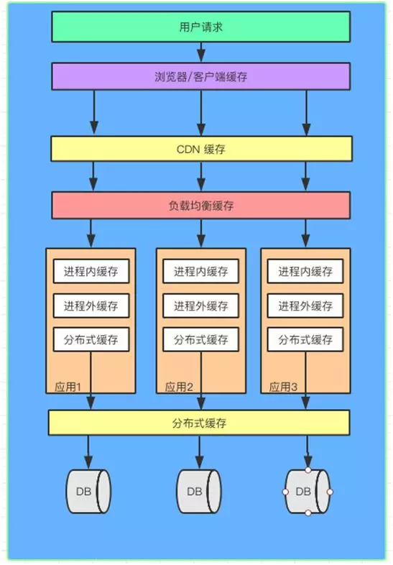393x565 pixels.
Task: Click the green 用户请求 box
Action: tap(200, 27)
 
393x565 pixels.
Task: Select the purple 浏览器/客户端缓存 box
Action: tap(200, 76)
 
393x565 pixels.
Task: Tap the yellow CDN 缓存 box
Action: tap(200, 149)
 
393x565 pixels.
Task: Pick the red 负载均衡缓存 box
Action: tap(200, 205)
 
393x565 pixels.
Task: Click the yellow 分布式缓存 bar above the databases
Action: tap(200, 423)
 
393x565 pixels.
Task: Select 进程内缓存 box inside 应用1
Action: tap(91, 272)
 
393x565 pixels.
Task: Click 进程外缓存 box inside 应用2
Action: tap(200, 306)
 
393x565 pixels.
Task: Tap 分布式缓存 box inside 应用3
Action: tap(305, 339)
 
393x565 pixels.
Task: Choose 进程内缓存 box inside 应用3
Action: tap(305, 272)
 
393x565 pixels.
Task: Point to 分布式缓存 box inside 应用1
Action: tap(91, 339)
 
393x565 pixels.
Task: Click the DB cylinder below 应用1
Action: tap(89, 491)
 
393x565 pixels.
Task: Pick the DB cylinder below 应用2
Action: tap(198, 491)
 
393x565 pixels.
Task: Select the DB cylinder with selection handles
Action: tap(308, 491)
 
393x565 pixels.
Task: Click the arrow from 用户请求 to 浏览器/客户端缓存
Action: tap(200, 52)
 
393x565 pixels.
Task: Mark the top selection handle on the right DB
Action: tap(308, 470)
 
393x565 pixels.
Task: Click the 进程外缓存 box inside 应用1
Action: tap(91, 306)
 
